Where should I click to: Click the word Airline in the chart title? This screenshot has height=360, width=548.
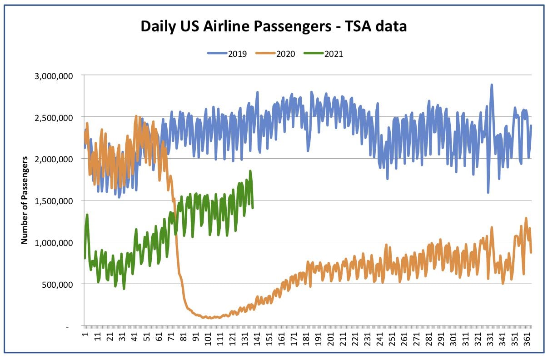[227, 26]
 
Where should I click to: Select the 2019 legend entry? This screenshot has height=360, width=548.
[227, 54]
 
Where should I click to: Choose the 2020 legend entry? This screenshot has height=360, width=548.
[275, 54]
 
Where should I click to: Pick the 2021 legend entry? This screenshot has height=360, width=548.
[324, 54]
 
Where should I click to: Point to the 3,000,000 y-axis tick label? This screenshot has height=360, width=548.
[54, 76]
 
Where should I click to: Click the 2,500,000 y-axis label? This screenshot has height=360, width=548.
[54, 118]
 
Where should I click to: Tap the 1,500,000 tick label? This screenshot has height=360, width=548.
[54, 201]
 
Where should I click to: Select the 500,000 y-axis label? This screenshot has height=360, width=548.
[57, 285]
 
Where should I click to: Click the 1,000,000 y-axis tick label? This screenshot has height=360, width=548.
[54, 243]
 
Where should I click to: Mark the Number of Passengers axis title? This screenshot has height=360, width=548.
[25, 200]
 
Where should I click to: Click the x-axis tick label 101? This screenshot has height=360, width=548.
[208, 339]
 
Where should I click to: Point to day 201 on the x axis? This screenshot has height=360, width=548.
[330, 339]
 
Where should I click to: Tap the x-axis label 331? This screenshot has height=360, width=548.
[490, 339]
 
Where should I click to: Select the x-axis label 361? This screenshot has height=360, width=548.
[527, 339]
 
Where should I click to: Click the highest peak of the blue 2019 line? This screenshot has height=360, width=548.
[492, 85]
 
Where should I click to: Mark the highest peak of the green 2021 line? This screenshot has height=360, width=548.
[250, 171]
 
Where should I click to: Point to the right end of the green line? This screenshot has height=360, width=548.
[253, 208]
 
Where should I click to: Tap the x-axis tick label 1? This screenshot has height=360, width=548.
[85, 334]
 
